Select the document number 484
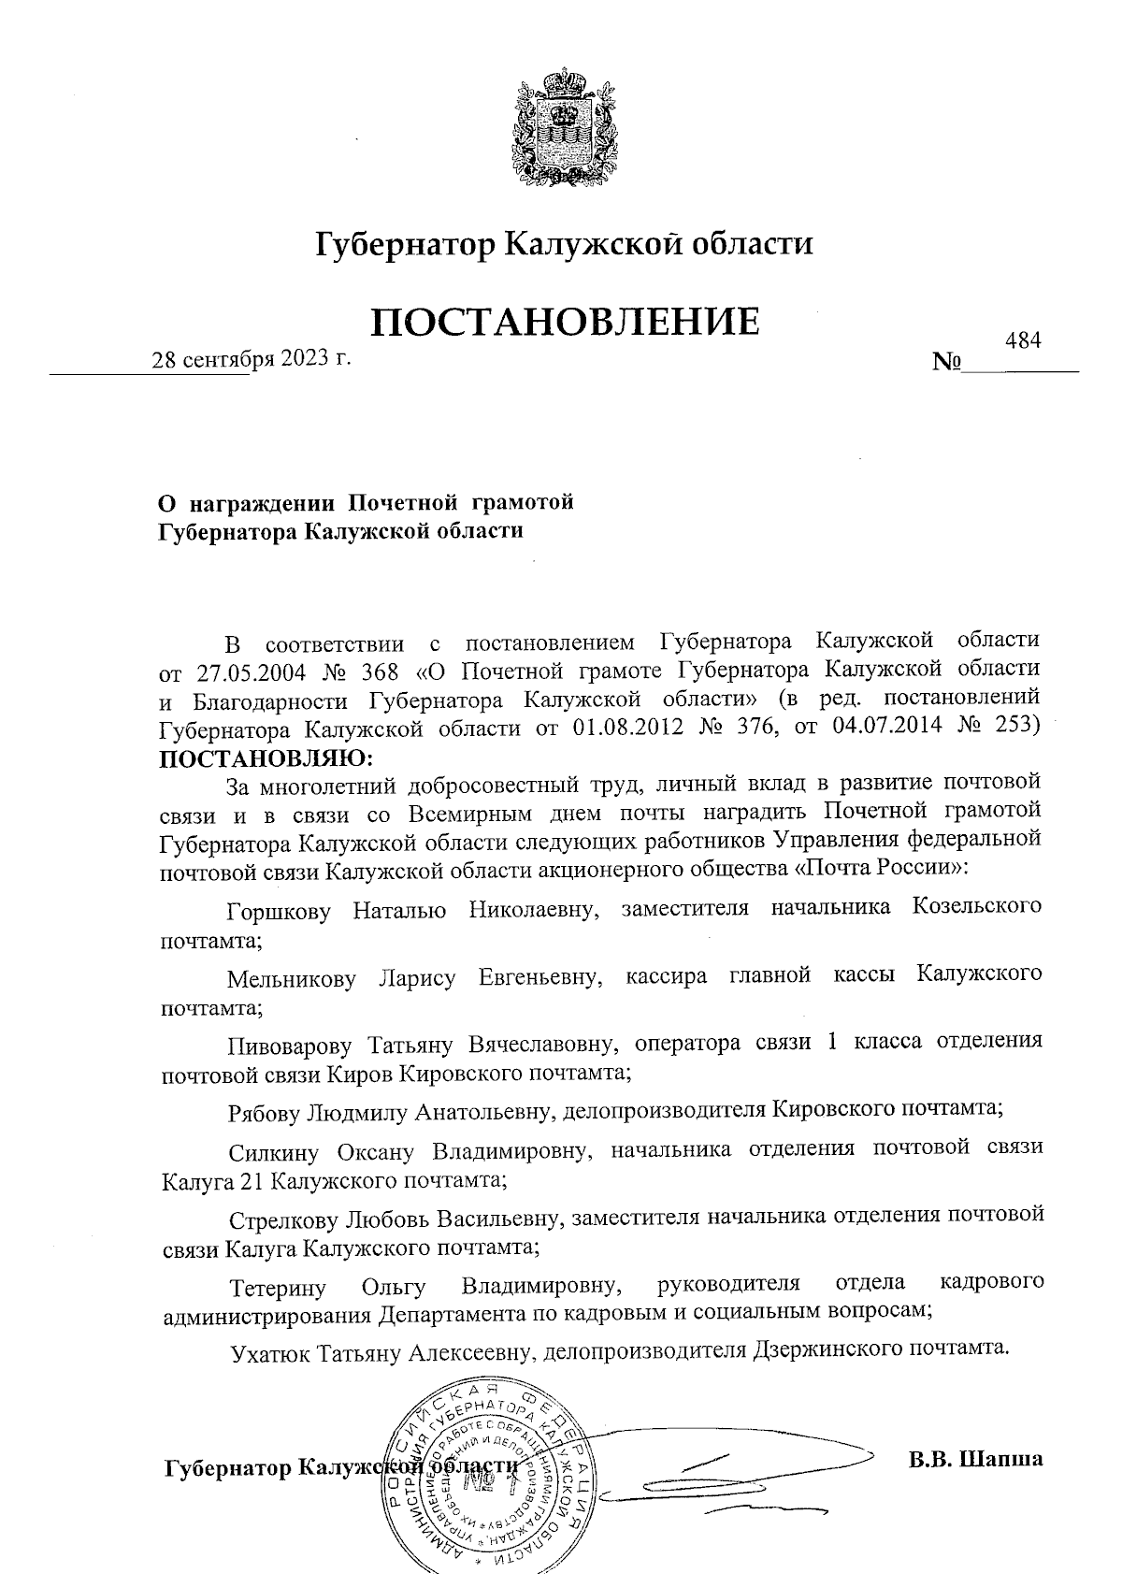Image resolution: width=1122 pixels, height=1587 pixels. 1022,340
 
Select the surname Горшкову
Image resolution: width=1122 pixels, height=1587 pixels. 279,910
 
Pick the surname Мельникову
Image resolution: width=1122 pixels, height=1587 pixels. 292,979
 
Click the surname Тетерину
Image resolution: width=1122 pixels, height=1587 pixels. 278,1290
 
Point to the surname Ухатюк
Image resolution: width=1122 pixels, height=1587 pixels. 271,1353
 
